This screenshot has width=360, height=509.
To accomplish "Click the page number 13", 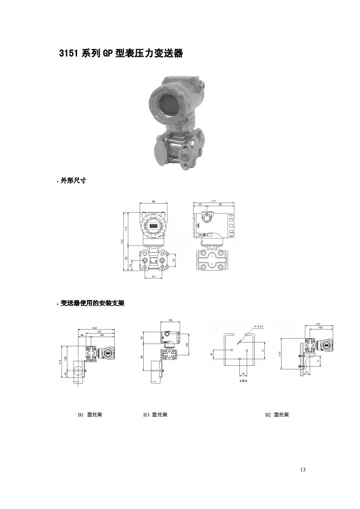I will click(x=303, y=470).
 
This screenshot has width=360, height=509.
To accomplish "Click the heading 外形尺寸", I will click(x=73, y=180).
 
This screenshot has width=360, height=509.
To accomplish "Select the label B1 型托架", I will click(x=90, y=415).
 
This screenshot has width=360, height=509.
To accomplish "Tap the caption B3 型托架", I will click(x=155, y=415).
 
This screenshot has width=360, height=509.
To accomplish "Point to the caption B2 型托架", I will click(x=277, y=415).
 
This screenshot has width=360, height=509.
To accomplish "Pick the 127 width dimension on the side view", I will click(x=213, y=201).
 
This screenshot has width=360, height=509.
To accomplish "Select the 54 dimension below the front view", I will click(x=154, y=277).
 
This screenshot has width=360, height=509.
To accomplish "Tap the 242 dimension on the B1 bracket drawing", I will click(x=94, y=328).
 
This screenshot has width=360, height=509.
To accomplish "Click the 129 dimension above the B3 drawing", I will click(x=170, y=320).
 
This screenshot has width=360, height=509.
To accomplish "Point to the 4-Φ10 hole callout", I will click(x=259, y=326).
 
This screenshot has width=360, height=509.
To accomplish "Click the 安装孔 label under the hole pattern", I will click(x=243, y=381).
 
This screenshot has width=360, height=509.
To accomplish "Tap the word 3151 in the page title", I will click(x=69, y=53).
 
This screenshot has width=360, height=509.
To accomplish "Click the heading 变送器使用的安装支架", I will click(x=92, y=303).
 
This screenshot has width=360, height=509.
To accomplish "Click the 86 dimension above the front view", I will click(x=154, y=201).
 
